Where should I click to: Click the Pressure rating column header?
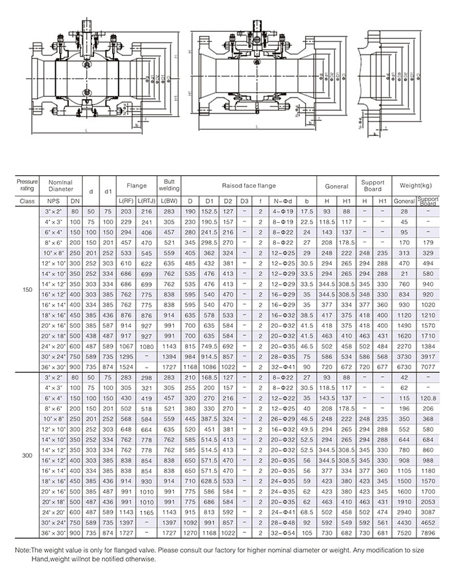coord(27,183)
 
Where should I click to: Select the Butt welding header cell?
coord(164,184)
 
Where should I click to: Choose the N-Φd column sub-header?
coord(285,200)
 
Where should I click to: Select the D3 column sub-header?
coord(245,200)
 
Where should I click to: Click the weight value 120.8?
coord(428,397)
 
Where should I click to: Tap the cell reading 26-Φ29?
coord(285,421)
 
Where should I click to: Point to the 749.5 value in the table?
coord(210,346)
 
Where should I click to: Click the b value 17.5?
coord(306,210)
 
